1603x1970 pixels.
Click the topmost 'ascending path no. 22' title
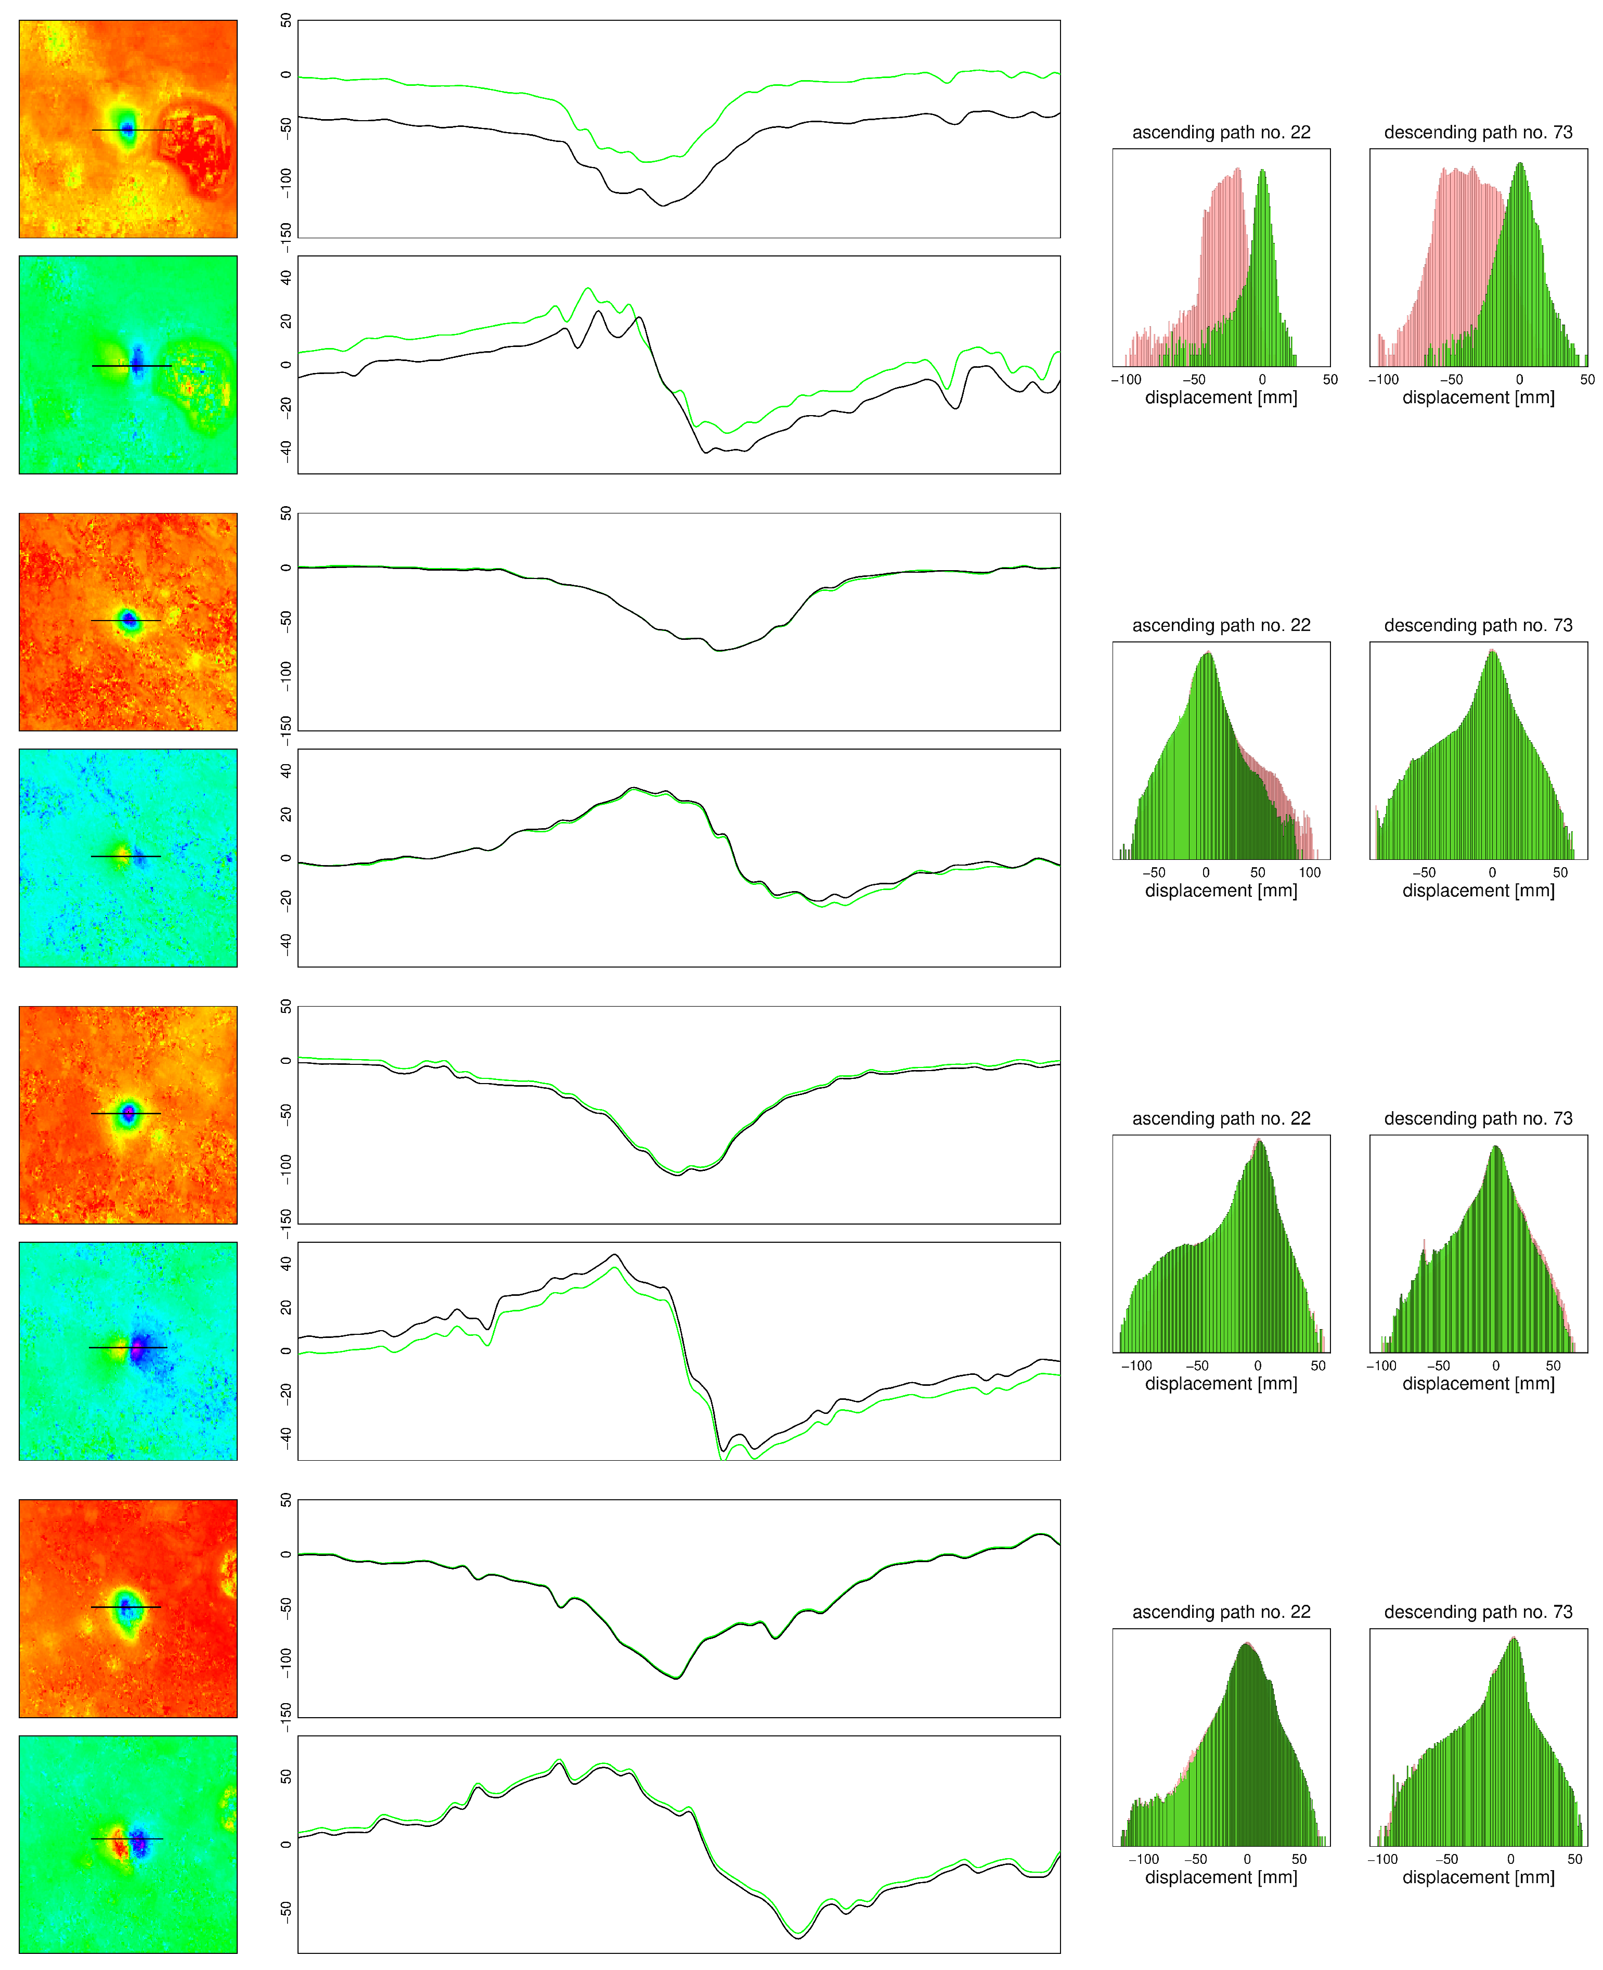pyautogui.click(x=1221, y=132)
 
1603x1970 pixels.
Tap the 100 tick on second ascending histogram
pyautogui.click(x=1309, y=873)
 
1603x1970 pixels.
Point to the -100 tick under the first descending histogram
pyautogui.click(x=1383, y=380)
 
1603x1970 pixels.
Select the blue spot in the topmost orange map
pyautogui.click(x=127, y=130)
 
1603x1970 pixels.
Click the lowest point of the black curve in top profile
pyautogui.click(x=662, y=205)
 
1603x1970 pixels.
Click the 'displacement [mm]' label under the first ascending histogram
pyautogui.click(x=1221, y=398)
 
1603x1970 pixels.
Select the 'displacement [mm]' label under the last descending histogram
pyautogui.click(x=1478, y=1877)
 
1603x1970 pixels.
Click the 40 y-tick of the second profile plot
pyautogui.click(x=286, y=278)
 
